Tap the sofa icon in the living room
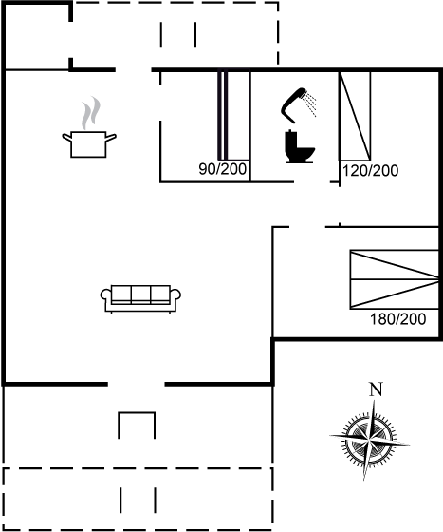[140, 298]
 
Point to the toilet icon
[300, 146]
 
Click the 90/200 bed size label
[223, 169]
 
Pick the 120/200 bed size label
[371, 171]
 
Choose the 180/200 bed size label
[398, 319]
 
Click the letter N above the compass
[376, 389]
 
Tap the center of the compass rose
[369, 440]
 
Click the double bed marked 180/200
[395, 279]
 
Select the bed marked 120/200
[355, 116]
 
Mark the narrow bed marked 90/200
[233, 115]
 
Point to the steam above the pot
[91, 113]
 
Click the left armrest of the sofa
[105, 295]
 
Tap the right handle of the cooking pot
[111, 138]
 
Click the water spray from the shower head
[310, 104]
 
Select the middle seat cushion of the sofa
[140, 294]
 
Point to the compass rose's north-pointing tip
[375, 400]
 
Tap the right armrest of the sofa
[175, 295]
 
